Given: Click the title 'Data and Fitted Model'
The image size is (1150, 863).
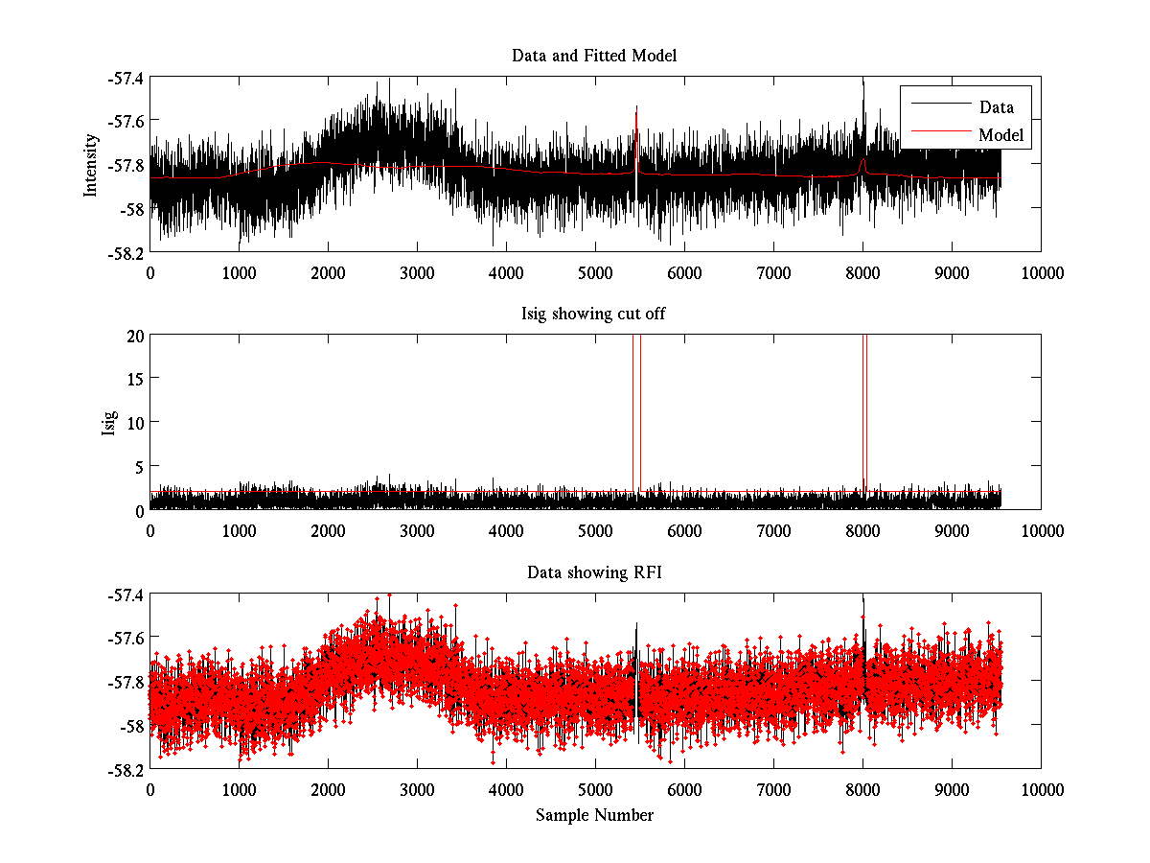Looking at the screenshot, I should pos(594,56).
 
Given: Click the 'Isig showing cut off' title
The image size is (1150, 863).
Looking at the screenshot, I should pos(594,314).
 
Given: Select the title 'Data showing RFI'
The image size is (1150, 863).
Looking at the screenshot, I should pos(594,572).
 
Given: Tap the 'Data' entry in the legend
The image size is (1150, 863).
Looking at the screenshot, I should pos(996,106).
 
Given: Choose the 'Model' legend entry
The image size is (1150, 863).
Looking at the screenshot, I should pos(1000,135).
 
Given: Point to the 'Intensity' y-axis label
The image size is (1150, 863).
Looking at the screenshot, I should pos(91,164).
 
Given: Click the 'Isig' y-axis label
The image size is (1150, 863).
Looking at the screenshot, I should pos(109,422).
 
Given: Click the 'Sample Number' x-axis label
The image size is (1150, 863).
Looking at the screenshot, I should pos(594,815).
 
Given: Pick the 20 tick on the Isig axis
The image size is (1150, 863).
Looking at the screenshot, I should pos(132,335).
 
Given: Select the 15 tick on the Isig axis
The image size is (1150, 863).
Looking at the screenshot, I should pos(132,379).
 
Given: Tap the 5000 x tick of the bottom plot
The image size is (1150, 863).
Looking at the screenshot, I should pos(595,788).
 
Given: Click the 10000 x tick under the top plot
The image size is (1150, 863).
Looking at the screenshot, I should pos(1041,272).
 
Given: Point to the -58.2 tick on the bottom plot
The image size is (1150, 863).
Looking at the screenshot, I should pos(124,769).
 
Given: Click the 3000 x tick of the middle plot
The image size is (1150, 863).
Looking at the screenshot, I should pos(417,530).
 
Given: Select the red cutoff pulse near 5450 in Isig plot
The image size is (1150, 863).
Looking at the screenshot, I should pos(636,403).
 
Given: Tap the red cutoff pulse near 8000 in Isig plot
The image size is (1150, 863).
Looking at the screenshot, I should pos(864,403).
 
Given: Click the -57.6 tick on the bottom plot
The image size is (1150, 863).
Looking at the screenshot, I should pos(124,638).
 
